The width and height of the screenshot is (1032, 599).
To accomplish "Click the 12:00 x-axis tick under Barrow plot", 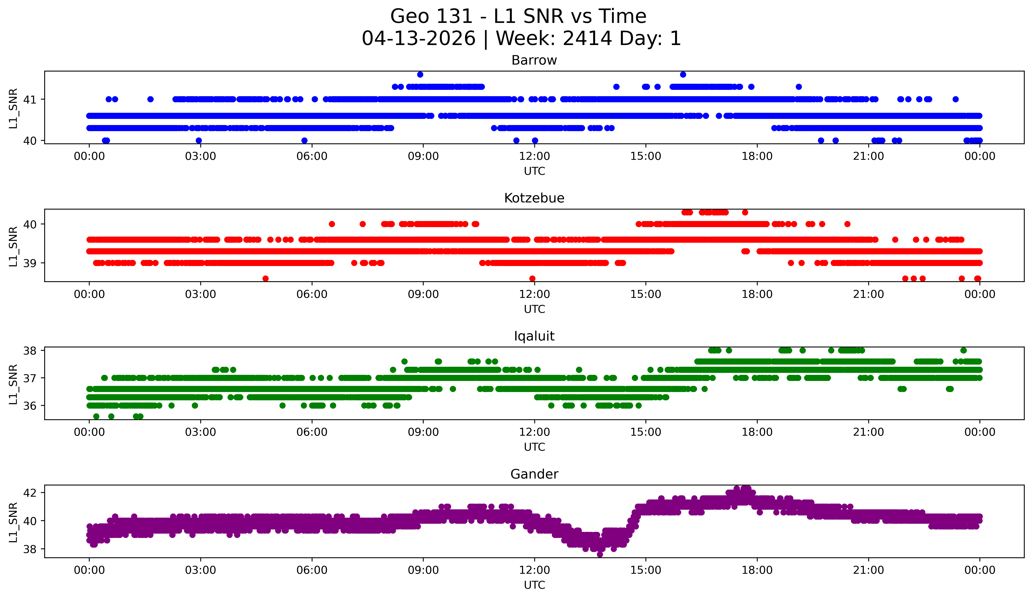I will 534,156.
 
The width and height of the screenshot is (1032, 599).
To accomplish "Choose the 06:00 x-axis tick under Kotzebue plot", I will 312,294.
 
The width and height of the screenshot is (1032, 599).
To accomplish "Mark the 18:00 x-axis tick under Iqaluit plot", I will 757,432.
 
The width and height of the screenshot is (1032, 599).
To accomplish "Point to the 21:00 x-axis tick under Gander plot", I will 868,570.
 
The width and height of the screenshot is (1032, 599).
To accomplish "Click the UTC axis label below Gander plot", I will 534,585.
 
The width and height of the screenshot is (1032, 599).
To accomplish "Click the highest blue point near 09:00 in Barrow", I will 420,74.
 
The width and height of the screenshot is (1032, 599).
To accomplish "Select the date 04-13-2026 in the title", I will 419,39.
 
